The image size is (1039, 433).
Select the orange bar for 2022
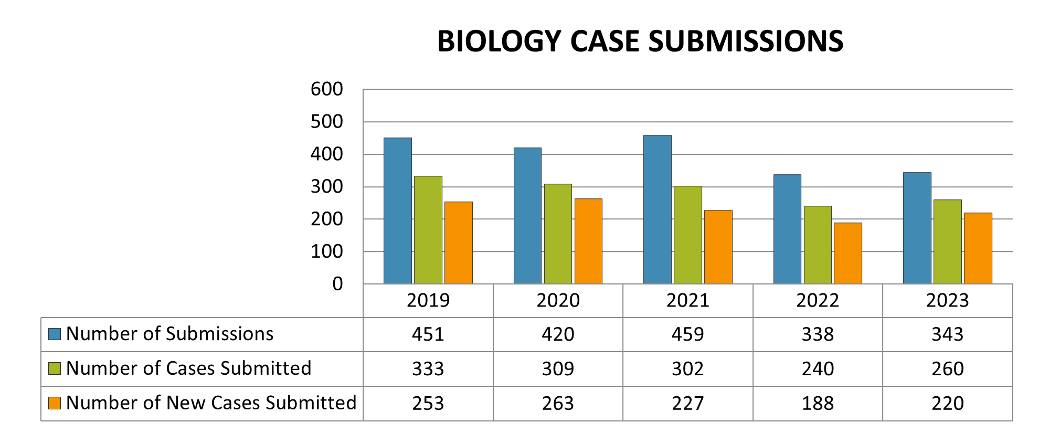pos(848,254)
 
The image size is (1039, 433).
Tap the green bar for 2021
pos(687,235)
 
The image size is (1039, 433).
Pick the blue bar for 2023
pos(917,228)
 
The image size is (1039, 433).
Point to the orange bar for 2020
pos(588,241)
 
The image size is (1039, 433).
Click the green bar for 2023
pos(947,242)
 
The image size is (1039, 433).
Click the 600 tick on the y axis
pos(326,89)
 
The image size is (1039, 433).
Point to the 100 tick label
pos(326,251)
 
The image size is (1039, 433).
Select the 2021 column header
pos(687,300)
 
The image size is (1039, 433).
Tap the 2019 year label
pos(428,300)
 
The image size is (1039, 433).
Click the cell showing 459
pos(687,334)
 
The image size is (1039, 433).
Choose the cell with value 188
pos(817,403)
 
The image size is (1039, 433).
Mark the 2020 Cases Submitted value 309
pos(558,368)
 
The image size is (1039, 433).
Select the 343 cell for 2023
pos(947,334)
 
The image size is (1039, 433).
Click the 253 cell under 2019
pos(428,403)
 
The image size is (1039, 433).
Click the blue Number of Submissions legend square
pos(55,334)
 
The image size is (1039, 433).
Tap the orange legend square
pos(55,403)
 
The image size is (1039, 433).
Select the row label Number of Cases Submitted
pos(188,368)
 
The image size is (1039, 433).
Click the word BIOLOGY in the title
pos(499,41)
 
